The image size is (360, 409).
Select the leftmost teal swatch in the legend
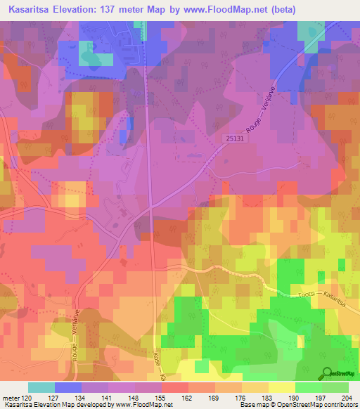[x=41, y=387]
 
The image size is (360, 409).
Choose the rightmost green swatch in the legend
[x=335, y=387]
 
